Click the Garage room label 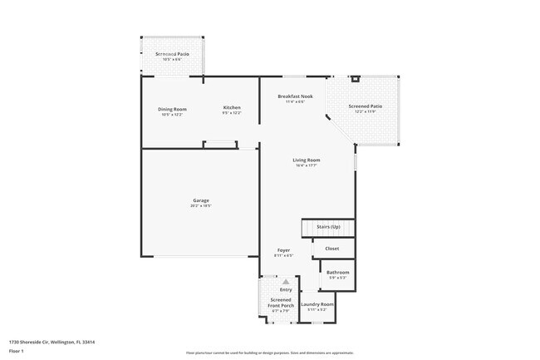(x=201, y=200)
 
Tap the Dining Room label (x=172, y=109)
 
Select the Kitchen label (x=232, y=109)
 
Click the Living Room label (x=306, y=160)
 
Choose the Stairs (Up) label (x=327, y=227)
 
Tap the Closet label (x=331, y=248)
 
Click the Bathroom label (x=337, y=272)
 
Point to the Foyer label (x=283, y=250)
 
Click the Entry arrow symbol (x=285, y=282)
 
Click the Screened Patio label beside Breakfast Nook (x=365, y=106)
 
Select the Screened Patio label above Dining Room (x=173, y=54)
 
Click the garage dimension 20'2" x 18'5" (x=201, y=205)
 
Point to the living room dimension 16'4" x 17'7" (x=306, y=165)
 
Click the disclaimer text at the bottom (x=269, y=353)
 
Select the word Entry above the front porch (x=285, y=289)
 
